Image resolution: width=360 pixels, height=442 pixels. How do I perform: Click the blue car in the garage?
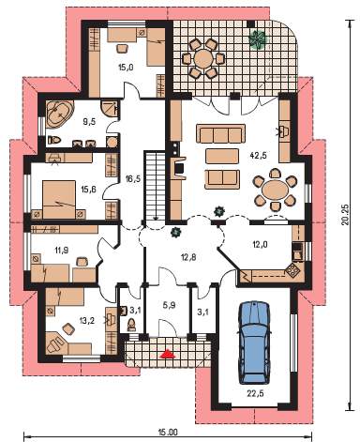254,343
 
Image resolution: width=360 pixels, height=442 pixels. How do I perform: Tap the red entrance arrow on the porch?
168,354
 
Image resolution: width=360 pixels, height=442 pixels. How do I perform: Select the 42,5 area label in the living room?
259,155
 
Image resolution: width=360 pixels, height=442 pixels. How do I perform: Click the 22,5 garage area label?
255,393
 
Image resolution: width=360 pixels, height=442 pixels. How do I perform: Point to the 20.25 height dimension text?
344,215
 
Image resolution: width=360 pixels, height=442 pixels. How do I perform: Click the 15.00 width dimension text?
168,433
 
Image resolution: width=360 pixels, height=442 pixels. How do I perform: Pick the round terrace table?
202,58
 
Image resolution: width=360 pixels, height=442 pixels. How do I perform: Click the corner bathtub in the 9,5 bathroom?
59,114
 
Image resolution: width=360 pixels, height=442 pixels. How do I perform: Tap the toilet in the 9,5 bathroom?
54,140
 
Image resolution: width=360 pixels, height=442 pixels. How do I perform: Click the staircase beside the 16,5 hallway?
155,188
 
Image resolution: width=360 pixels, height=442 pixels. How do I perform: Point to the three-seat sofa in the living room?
221,133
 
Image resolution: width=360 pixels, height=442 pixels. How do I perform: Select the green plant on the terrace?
258,39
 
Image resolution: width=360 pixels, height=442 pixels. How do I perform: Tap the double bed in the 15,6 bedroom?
59,199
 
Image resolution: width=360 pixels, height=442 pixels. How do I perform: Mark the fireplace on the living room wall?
179,169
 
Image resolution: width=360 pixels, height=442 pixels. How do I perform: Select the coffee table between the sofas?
222,156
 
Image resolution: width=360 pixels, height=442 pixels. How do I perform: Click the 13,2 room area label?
84,320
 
